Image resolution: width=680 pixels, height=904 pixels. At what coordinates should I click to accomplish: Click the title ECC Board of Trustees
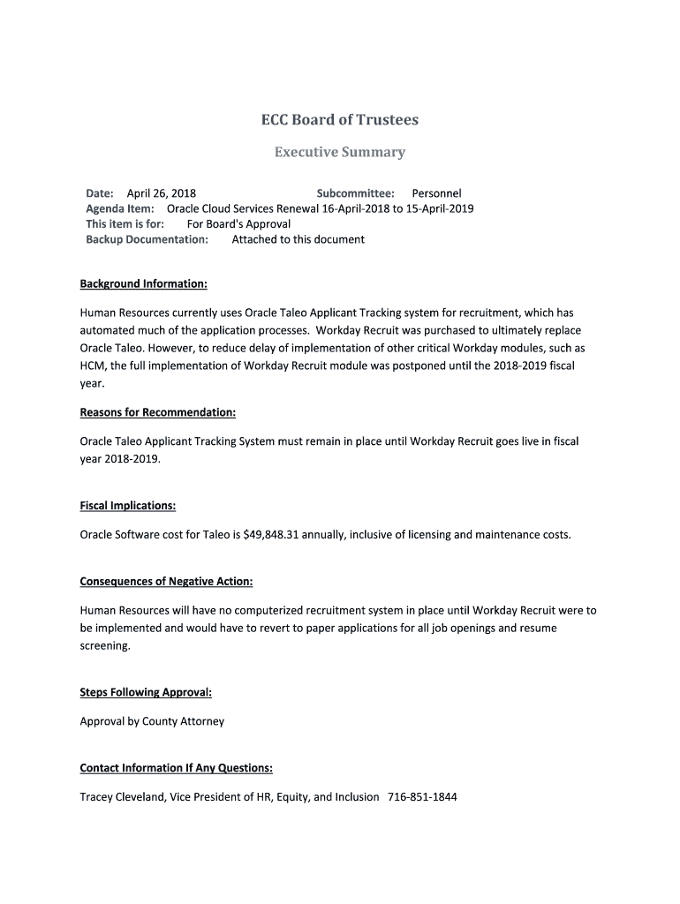pos(339,119)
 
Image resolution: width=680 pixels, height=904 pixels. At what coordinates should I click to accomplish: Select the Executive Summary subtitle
pos(339,152)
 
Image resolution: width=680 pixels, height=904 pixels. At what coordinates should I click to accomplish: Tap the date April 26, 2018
pos(162,193)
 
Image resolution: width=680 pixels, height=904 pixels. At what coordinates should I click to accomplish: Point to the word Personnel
pos(436,193)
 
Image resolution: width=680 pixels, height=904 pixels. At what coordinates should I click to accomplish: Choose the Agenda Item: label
pos(120,208)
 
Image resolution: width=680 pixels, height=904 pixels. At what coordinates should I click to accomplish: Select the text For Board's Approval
pos(238,223)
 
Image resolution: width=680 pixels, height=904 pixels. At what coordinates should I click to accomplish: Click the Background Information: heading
pos(144,283)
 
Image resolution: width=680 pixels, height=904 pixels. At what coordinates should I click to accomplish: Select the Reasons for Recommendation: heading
pos(158,412)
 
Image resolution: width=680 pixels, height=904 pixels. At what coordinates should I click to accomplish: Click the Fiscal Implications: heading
pos(128,506)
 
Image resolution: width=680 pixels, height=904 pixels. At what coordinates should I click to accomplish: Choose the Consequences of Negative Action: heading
pos(166,581)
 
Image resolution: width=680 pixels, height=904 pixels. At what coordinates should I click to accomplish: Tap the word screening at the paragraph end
pos(105,645)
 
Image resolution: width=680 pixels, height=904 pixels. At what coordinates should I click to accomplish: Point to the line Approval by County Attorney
pos(152,721)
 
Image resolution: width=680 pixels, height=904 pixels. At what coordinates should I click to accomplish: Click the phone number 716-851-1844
pos(422,796)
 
